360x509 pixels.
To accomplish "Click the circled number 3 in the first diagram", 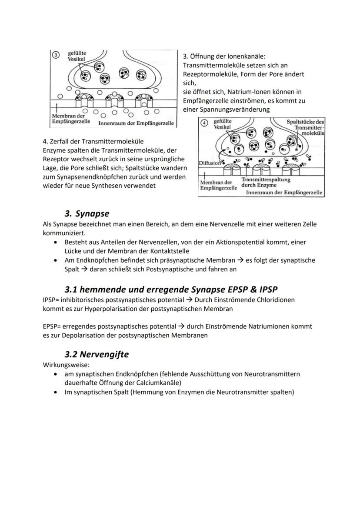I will click(55, 55).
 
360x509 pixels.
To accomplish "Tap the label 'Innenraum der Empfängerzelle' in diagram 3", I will click(136, 123).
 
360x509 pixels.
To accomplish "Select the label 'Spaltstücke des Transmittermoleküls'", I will click(306, 128).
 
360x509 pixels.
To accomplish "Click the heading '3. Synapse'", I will click(87, 213).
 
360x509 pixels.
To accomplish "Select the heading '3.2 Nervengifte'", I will click(97, 354).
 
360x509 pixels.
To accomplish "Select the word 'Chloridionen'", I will click(274, 299).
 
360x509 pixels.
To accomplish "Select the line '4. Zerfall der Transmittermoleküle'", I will click(93, 141).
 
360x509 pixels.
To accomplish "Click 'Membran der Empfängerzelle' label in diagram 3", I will click(71, 119).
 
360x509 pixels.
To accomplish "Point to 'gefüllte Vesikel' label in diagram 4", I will click(222, 123).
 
